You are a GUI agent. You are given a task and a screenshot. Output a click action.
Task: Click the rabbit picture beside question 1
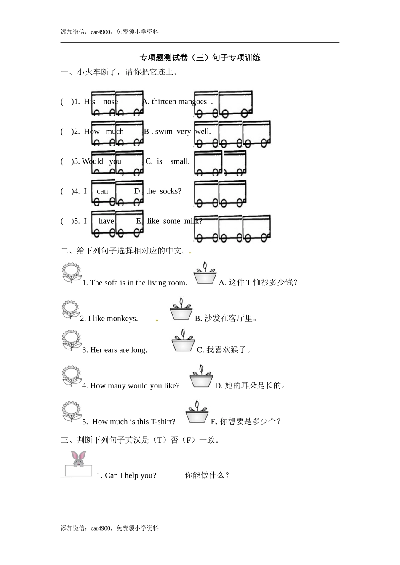click(x=78, y=459)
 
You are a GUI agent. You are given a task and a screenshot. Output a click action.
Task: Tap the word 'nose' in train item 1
click(x=110, y=102)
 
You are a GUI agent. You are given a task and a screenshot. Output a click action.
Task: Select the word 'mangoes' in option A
click(x=192, y=102)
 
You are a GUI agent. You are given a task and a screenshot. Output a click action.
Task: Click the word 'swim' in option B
click(x=164, y=132)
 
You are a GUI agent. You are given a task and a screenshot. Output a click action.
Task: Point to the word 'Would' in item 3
click(x=93, y=161)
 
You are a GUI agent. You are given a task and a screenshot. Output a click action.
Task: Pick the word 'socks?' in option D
click(x=171, y=191)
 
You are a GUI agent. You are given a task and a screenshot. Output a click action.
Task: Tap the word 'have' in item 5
click(x=106, y=221)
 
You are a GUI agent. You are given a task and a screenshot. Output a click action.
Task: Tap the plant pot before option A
click(x=205, y=274)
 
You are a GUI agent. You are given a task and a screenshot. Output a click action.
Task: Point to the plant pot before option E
click(x=197, y=412)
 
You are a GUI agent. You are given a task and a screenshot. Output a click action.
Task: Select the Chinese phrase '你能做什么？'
click(x=207, y=475)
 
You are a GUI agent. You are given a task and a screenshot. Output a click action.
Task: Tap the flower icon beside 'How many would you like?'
click(x=72, y=376)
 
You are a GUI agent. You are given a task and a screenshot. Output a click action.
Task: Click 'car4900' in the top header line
click(x=101, y=32)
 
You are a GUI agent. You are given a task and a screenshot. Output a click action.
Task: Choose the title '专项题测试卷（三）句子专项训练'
click(x=200, y=58)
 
